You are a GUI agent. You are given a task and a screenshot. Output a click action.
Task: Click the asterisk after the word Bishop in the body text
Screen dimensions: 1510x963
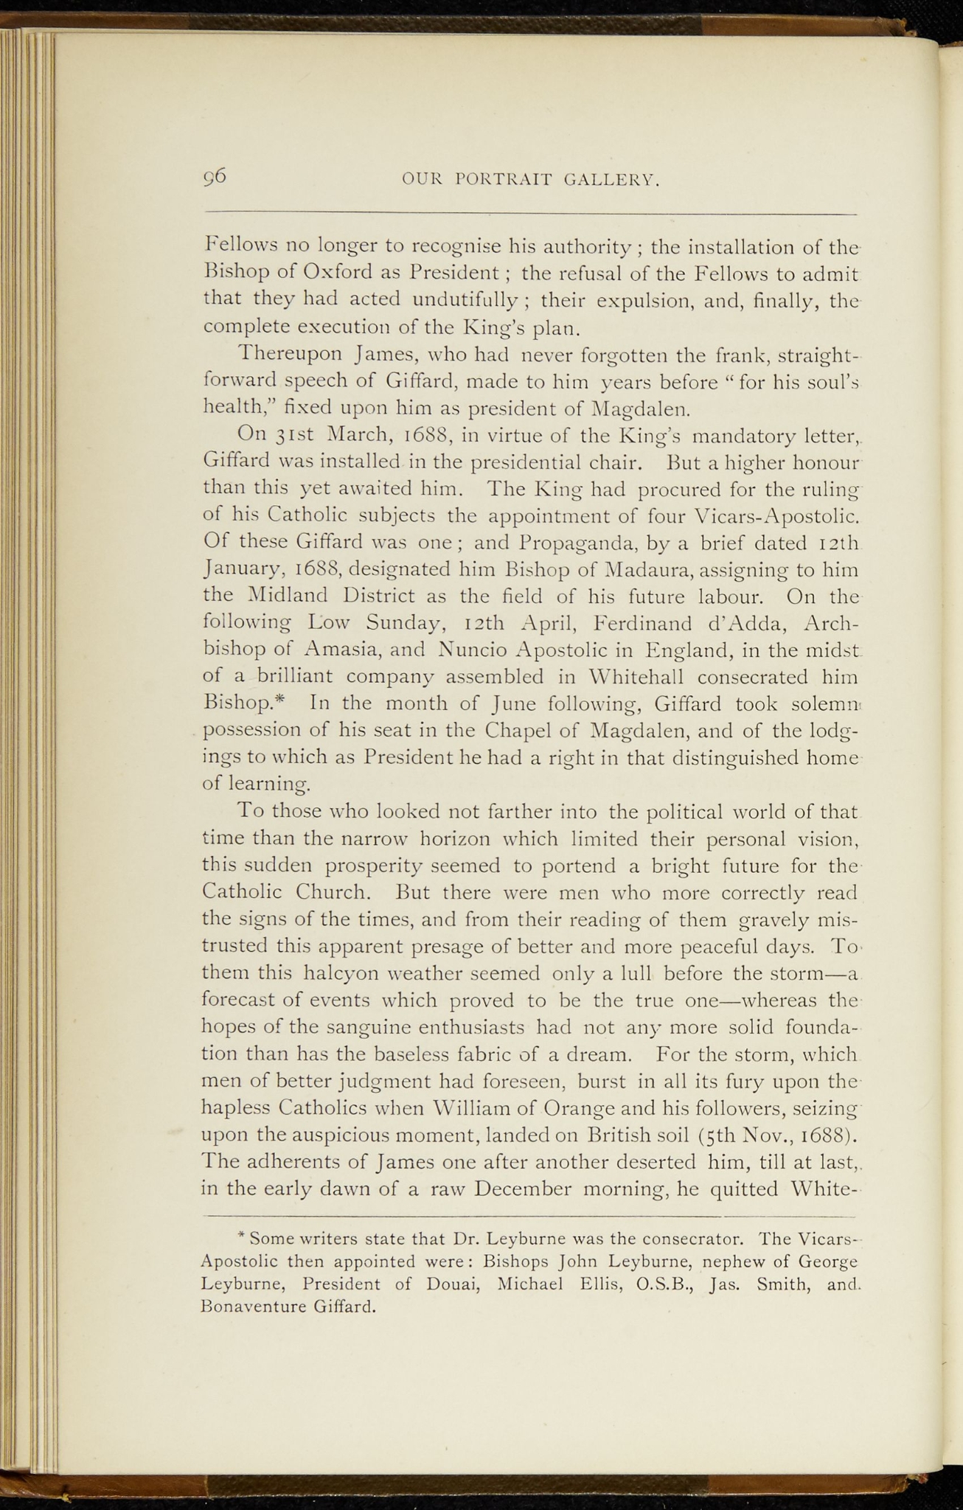[x=291, y=700]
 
